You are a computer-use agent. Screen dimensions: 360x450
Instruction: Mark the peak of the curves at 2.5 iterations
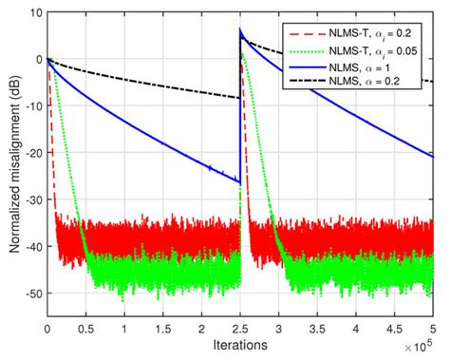pyautogui.click(x=240, y=29)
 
